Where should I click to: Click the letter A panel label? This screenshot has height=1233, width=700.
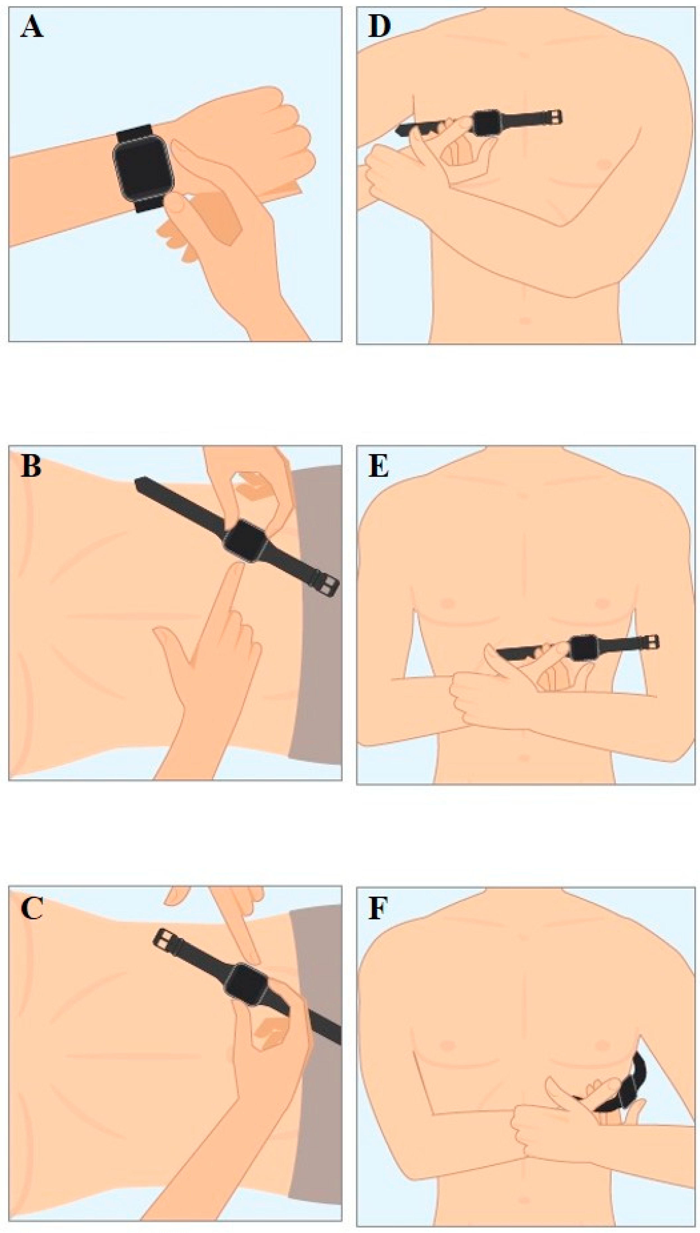(x=32, y=29)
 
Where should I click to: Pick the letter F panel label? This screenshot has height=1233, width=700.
(x=378, y=908)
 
